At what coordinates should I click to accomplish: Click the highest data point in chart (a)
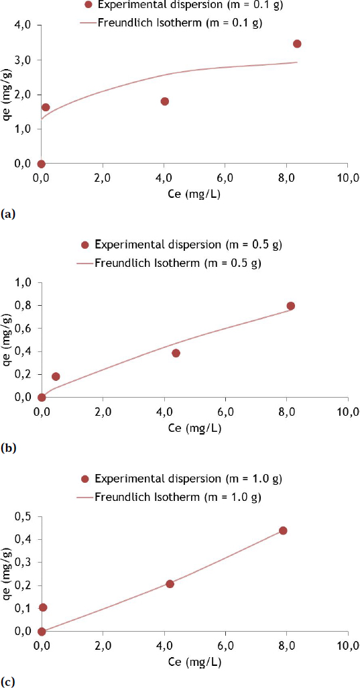(x=297, y=44)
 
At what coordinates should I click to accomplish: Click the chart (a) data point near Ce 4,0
(x=164, y=101)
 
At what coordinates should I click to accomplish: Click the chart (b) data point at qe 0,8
(x=291, y=306)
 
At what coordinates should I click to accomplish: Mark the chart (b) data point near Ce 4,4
(x=176, y=353)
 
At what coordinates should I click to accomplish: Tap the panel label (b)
(x=8, y=449)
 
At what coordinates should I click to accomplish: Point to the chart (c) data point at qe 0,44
(x=283, y=530)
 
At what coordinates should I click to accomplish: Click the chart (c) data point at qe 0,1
(x=43, y=608)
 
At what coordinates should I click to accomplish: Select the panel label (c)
(x=8, y=683)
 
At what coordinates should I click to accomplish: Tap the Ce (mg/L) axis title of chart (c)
(x=194, y=662)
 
